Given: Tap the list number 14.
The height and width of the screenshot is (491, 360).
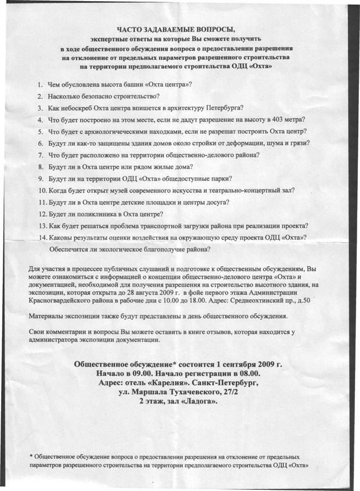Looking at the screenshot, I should (42, 237).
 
